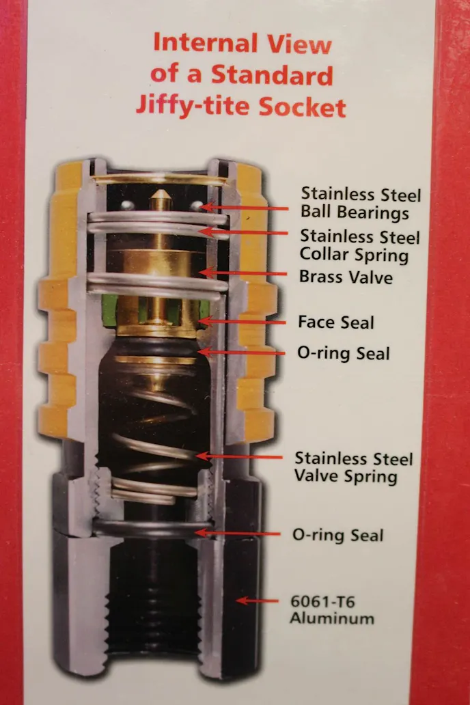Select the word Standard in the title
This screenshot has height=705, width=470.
pos(272,74)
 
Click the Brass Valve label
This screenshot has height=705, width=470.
pos(346,277)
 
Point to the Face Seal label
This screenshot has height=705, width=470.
pos(336,322)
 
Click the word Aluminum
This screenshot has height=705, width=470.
pos(332,618)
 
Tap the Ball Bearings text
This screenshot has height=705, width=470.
pos(355,212)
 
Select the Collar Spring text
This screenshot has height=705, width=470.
pos(354,255)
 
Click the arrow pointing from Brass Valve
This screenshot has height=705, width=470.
pos(243,273)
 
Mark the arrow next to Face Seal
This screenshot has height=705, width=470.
pos(242,322)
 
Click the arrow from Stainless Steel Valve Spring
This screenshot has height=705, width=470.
pos(239,456)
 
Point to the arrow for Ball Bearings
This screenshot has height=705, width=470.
pos(245,208)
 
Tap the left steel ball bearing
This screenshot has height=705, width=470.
pos(127,206)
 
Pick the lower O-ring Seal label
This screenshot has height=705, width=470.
pos(337,535)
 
